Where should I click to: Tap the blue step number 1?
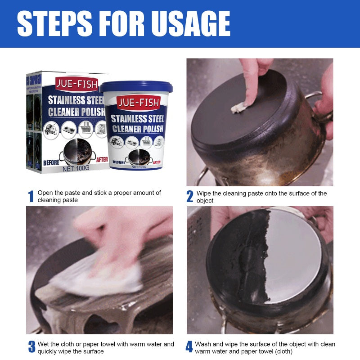coord(31,197)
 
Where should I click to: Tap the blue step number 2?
coord(190,197)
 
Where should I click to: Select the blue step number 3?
coord(31,347)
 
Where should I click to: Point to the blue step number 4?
coord(189,347)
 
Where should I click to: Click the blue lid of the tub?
coord(136,86)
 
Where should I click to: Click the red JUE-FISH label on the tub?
coord(138,103)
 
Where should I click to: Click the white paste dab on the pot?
coord(239,107)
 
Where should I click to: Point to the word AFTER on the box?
coord(102,159)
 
